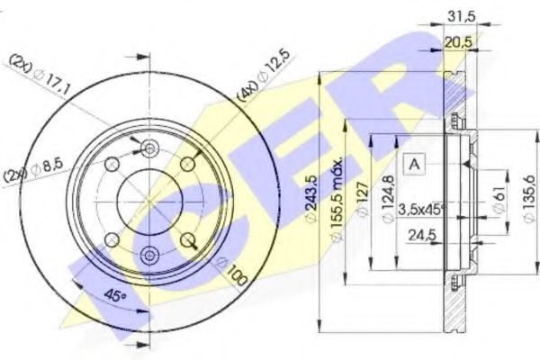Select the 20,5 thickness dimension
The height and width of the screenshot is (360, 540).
pyautogui.click(x=460, y=40)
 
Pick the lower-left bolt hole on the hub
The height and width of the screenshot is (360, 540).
pyautogui.click(x=112, y=239)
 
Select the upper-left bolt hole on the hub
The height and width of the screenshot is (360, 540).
pyautogui.click(x=112, y=163)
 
